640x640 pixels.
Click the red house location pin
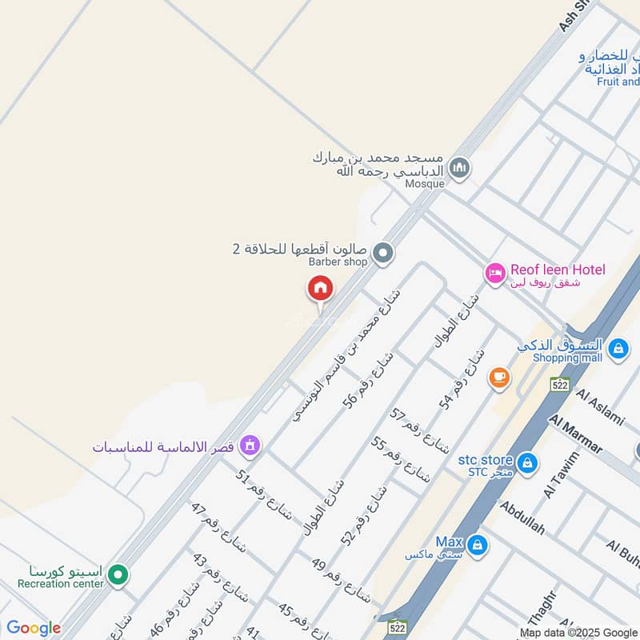321,289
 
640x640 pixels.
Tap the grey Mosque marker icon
459,168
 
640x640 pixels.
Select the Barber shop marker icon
384,254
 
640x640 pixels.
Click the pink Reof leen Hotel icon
495,274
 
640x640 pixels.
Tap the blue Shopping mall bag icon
618,348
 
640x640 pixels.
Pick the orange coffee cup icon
499,377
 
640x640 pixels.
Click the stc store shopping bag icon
526,462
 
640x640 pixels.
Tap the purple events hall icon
250,445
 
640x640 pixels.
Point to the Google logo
34,628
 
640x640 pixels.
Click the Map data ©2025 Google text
578,632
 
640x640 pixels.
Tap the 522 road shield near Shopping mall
559,385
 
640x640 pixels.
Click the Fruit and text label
618,82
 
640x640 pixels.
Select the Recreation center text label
61,584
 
